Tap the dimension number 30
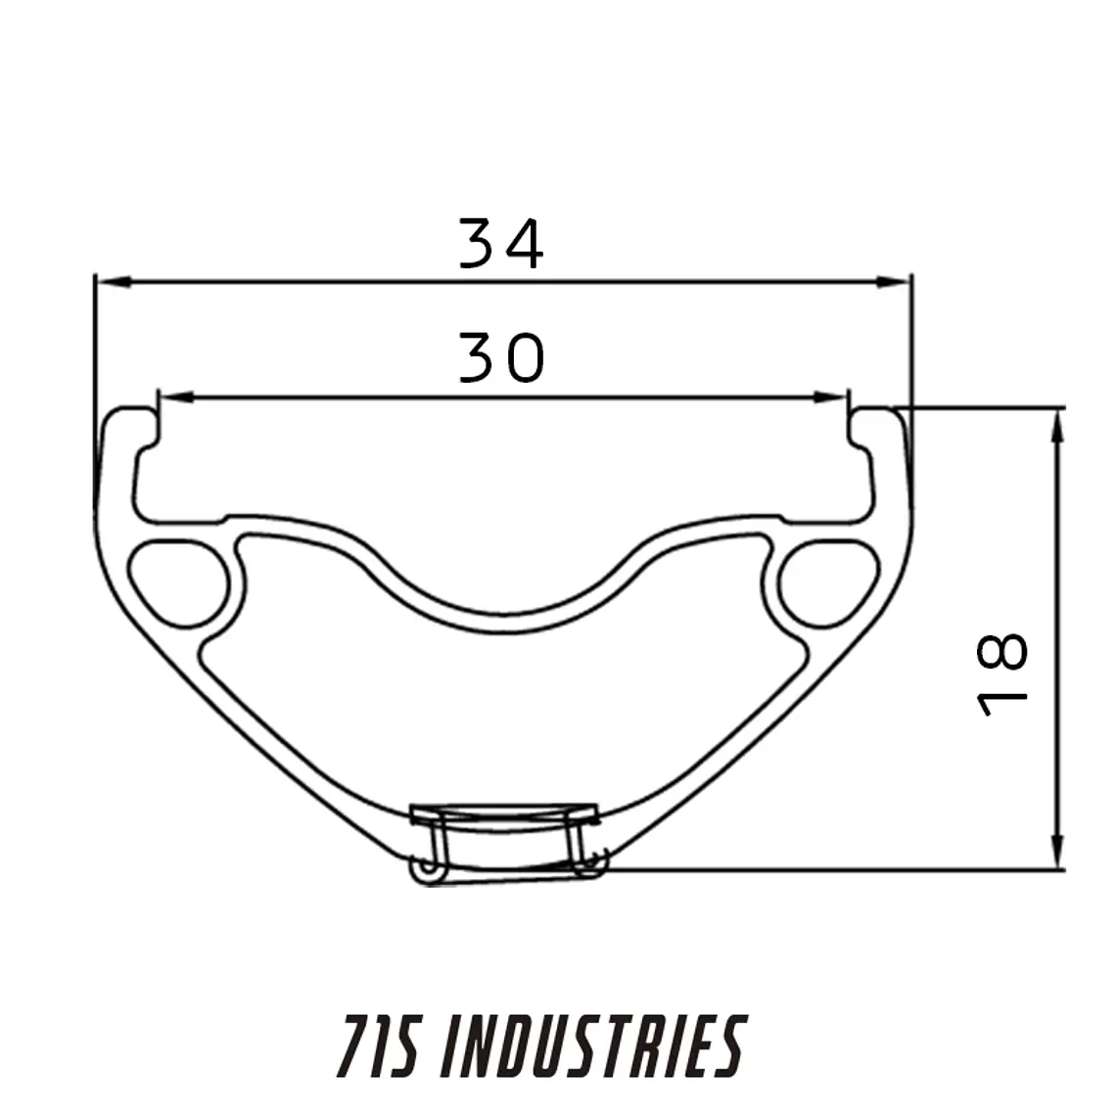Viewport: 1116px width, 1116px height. coord(500,357)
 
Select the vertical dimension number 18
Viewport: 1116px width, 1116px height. coord(1003,674)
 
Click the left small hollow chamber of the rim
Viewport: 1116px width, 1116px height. coord(177,581)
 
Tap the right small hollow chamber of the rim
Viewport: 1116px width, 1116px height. coord(828,581)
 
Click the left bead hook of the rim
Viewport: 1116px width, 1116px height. coord(132,431)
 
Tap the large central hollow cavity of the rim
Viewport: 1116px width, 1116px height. coord(503,715)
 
